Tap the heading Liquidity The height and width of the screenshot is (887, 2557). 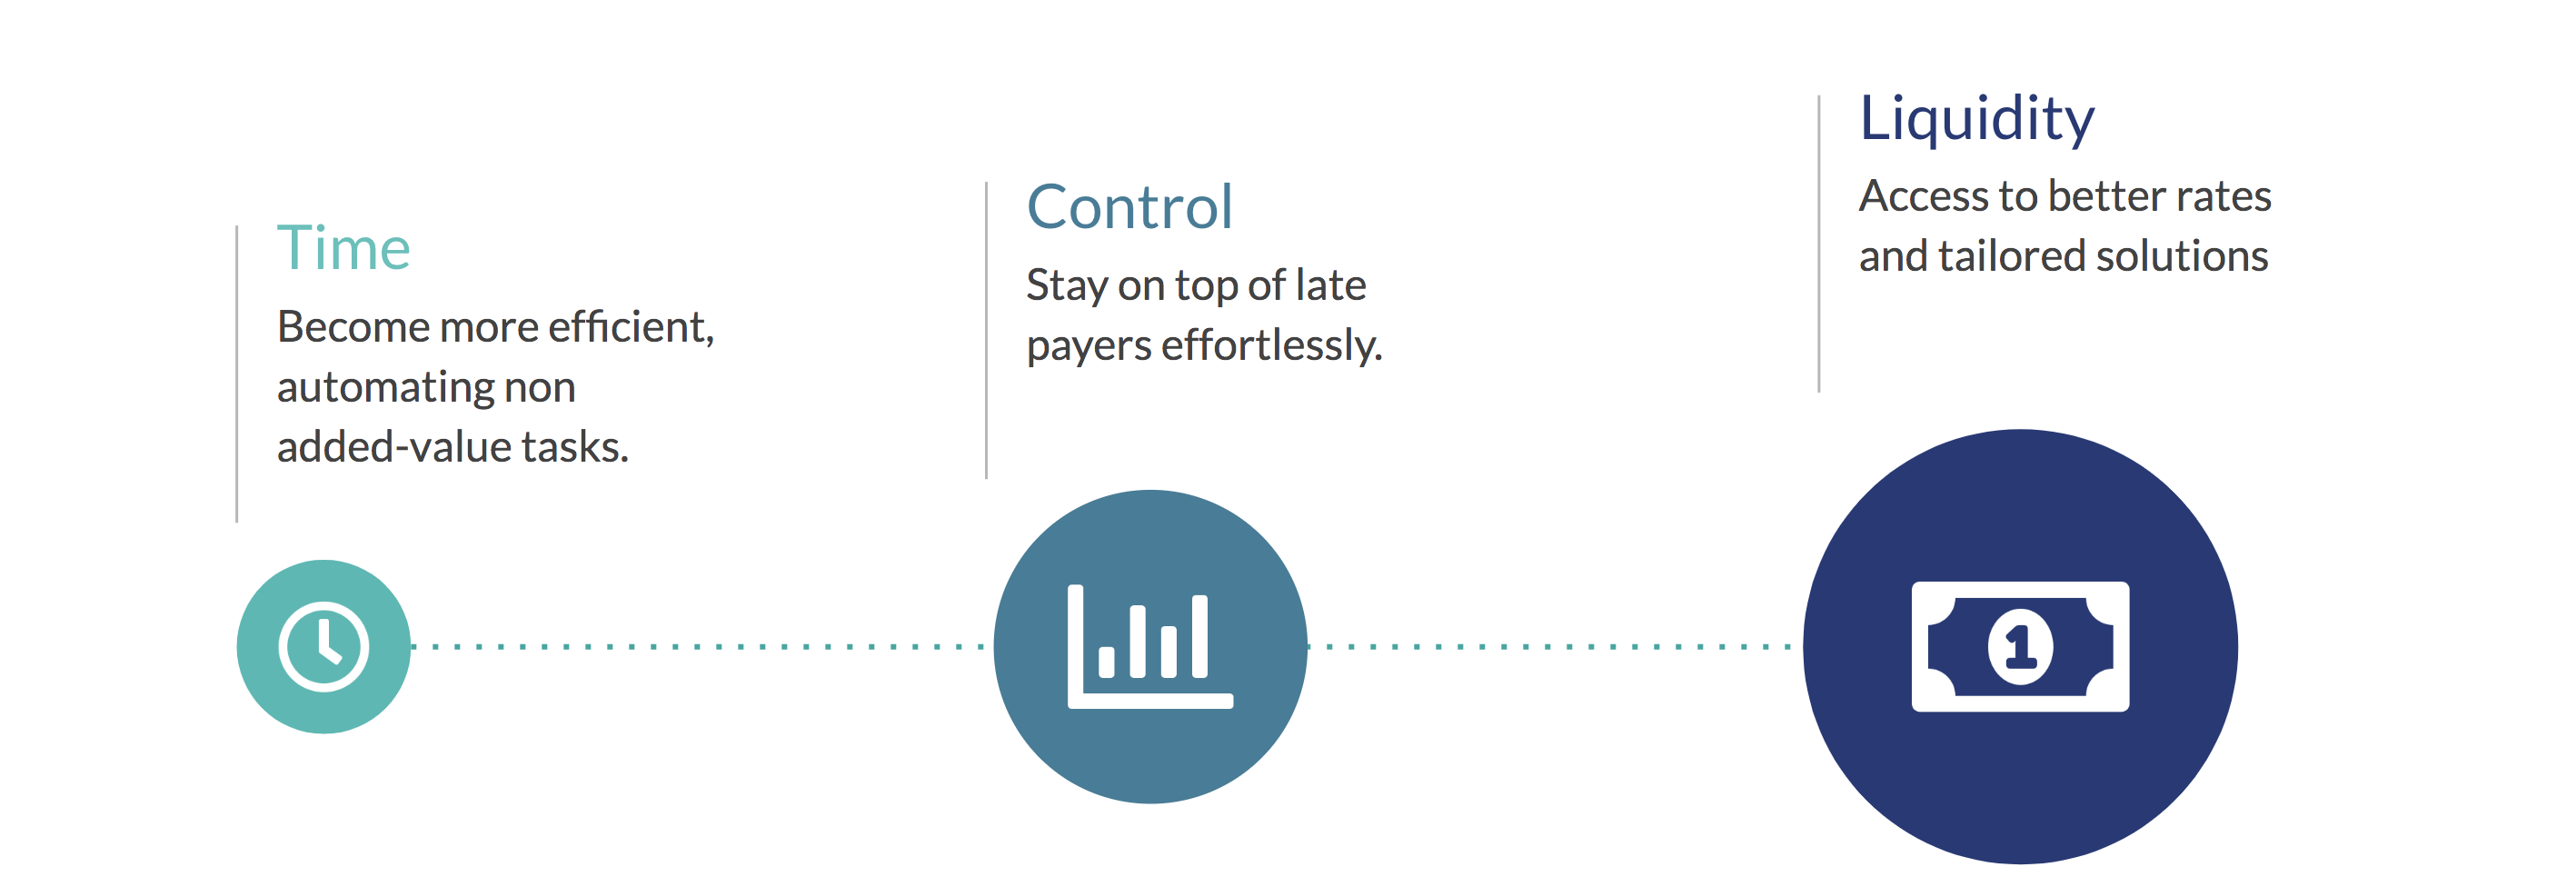click(x=1976, y=119)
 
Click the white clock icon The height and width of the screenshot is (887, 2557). click(x=323, y=647)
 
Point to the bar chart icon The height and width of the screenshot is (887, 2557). click(x=1149, y=647)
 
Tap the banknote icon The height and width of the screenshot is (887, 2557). click(x=2020, y=647)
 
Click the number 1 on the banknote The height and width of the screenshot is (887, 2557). click(x=2020, y=648)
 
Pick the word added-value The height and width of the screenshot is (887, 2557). click(x=393, y=448)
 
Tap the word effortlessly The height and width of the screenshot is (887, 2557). click(x=1271, y=345)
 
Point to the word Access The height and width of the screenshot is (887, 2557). click(x=1925, y=195)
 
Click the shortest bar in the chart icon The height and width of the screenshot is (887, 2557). click(x=1106, y=662)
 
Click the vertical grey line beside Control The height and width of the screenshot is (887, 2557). click(x=986, y=330)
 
